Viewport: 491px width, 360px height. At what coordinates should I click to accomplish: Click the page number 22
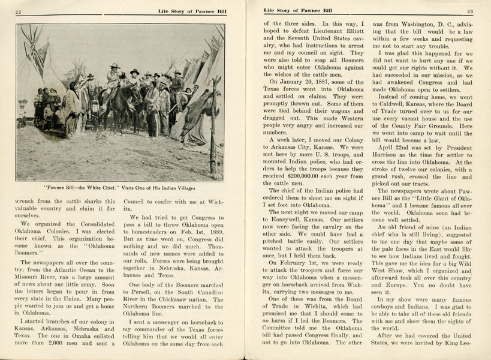point(19,11)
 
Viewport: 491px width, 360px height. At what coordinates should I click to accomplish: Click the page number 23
point(470,11)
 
